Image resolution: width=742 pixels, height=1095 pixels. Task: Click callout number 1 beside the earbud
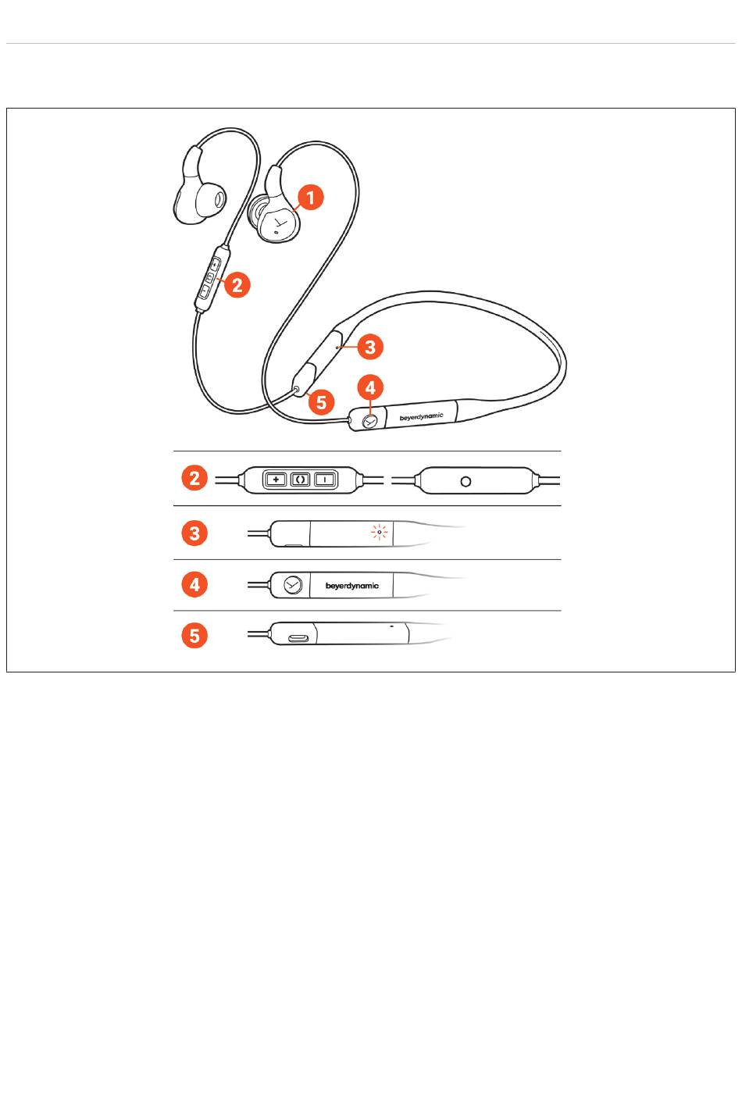[x=310, y=198]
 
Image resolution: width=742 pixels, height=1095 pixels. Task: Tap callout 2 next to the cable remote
[x=237, y=284]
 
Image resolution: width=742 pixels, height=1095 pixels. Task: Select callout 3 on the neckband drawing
[x=370, y=347]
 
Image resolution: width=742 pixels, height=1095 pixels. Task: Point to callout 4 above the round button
[x=370, y=387]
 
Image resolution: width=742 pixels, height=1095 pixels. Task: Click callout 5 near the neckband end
[x=321, y=401]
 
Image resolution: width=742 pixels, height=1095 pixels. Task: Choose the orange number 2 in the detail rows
[x=194, y=478]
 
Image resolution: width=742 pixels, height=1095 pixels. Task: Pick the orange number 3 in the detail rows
[x=194, y=533]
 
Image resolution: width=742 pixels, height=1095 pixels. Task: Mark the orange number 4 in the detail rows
[x=194, y=584]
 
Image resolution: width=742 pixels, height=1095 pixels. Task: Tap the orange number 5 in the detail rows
[x=194, y=636]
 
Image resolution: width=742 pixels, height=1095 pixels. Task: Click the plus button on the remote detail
[x=276, y=480]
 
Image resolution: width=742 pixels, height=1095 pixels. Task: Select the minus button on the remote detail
[x=325, y=480]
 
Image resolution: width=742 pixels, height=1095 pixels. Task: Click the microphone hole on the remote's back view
[x=466, y=482]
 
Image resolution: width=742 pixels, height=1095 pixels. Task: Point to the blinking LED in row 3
[x=380, y=531]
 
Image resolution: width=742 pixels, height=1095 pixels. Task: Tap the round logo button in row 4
[x=293, y=585]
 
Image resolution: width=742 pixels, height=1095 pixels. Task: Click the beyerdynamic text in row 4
[x=352, y=586]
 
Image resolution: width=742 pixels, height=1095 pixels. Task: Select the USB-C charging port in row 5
[x=298, y=638]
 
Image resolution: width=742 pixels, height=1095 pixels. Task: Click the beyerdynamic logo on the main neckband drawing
[x=421, y=416]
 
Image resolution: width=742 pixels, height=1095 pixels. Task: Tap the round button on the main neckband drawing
[x=370, y=421]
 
